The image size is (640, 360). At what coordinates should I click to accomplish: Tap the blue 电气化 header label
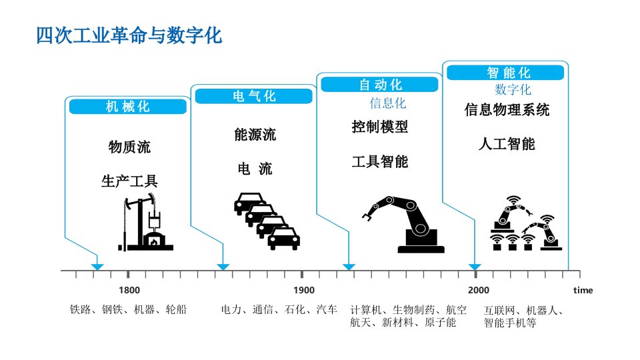253,96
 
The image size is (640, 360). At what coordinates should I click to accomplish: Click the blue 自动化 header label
380,85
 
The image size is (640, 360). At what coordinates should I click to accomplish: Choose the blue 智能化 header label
508,72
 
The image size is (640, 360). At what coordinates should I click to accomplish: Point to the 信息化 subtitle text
387,103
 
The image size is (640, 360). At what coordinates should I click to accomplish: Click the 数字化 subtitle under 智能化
513,89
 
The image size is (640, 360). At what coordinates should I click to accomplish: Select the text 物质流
129,147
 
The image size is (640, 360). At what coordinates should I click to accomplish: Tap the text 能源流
255,135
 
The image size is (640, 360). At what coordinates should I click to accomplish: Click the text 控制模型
379,127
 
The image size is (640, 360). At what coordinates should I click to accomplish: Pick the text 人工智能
506,143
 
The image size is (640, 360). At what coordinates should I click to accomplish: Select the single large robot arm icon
404,223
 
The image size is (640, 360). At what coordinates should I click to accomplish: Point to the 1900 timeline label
303,291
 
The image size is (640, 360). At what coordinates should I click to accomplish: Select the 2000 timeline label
478,291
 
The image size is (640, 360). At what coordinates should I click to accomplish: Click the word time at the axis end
583,291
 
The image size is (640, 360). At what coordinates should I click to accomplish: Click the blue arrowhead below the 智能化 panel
474,267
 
